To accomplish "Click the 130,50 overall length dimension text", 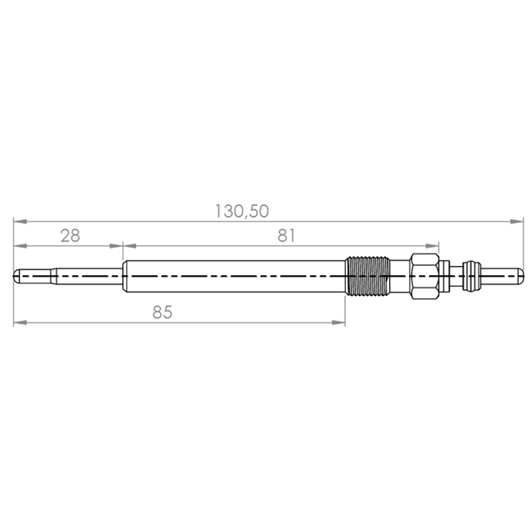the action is pos(242,211).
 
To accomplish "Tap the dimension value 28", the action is pos(70,235).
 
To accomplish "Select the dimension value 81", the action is pos(287,235).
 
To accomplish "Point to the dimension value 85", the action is pos(162,312).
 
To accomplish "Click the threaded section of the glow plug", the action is pos(368,276).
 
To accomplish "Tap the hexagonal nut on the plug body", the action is pos(424,276).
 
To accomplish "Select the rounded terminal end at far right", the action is pos(521,276).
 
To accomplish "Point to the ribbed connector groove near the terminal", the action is pos(471,276).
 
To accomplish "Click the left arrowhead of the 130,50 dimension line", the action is pos(20,221).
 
